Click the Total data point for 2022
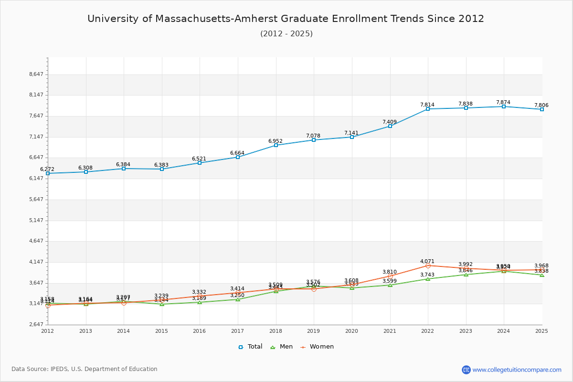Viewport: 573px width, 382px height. (x=428, y=109)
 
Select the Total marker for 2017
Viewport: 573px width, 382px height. (x=238, y=157)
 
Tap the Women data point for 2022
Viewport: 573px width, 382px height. (x=428, y=265)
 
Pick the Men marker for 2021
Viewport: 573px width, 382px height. (x=390, y=285)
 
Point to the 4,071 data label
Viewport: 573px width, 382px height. (x=427, y=261)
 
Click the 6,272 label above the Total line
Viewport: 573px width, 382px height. (x=47, y=169)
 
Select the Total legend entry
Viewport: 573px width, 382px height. (x=251, y=347)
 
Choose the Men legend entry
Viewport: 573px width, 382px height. (x=282, y=347)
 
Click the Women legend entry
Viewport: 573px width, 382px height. (x=317, y=347)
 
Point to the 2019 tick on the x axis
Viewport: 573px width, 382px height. (x=314, y=330)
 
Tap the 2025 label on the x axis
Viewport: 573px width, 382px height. (x=541, y=330)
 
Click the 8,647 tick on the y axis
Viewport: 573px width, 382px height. (x=36, y=74)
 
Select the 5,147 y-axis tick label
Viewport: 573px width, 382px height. (x=36, y=220)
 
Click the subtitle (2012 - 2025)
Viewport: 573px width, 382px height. (x=286, y=33)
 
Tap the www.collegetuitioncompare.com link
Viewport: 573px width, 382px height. (x=517, y=370)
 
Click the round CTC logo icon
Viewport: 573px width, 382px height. (x=466, y=370)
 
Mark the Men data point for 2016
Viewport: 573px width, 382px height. (x=200, y=302)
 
